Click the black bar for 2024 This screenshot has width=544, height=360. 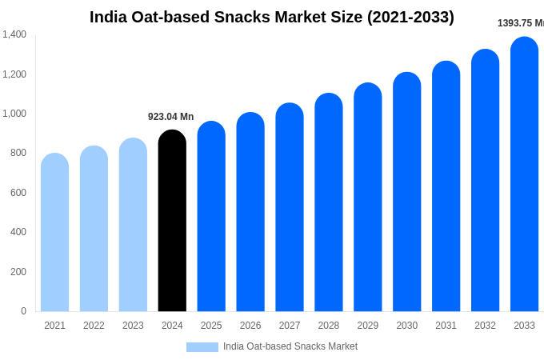(172, 222)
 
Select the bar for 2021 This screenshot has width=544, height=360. (54, 233)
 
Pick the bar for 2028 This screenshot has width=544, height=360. (328, 203)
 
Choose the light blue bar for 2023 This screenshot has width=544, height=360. (133, 226)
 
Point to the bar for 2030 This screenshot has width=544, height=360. (406, 193)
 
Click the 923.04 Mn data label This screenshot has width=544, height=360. (170, 117)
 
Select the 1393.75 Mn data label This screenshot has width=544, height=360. (520, 23)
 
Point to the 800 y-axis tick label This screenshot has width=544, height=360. (18, 153)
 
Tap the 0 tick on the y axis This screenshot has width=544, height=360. (23, 311)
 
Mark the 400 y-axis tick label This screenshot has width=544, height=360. (18, 232)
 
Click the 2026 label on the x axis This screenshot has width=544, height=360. (250, 326)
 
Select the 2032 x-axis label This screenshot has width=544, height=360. (485, 326)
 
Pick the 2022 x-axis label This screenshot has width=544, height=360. (94, 326)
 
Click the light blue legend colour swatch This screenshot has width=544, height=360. (202, 347)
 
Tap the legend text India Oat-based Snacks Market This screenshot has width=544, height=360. (290, 346)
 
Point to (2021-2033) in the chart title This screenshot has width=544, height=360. (410, 17)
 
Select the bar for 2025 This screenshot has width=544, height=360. (211, 217)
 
